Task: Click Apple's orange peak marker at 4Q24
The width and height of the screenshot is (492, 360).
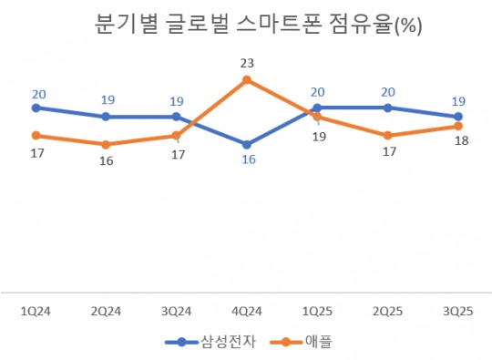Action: pyautogui.click(x=246, y=80)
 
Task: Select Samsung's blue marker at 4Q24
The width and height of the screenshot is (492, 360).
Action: pyautogui.click(x=246, y=144)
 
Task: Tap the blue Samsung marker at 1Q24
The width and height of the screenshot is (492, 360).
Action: pyautogui.click(x=36, y=108)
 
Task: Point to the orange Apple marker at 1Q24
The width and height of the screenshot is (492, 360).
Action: pyautogui.click(x=36, y=135)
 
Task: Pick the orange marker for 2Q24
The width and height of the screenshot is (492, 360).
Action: pyautogui.click(x=106, y=144)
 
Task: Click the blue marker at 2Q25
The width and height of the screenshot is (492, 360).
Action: pyautogui.click(x=387, y=108)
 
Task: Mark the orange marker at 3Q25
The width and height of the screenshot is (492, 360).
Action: pyautogui.click(x=457, y=126)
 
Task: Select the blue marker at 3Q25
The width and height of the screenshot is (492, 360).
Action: pyautogui.click(x=457, y=117)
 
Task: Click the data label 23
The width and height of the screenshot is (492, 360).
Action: pyautogui.click(x=246, y=63)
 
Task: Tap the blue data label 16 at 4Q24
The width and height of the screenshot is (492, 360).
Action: pyautogui.click(x=246, y=160)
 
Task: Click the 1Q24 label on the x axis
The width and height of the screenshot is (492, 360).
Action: pyautogui.click(x=36, y=310)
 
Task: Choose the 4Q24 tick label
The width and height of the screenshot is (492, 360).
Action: pyautogui.click(x=246, y=310)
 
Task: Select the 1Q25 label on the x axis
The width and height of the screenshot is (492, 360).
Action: pyautogui.click(x=317, y=310)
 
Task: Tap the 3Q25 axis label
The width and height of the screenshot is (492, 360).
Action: pyautogui.click(x=457, y=310)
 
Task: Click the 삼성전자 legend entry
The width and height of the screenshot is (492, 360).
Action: pyautogui.click(x=210, y=343)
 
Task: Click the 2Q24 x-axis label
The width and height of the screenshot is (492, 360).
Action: pyautogui.click(x=106, y=310)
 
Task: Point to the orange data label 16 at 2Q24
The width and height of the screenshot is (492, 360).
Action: pyautogui.click(x=106, y=161)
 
